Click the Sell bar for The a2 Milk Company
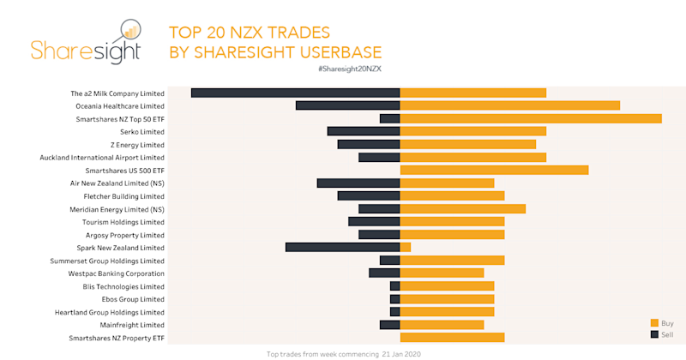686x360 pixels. (x=295, y=93)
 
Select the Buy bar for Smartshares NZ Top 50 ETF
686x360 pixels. (x=530, y=118)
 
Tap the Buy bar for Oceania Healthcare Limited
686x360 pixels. (x=509, y=105)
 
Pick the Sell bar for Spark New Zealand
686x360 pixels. (x=342, y=247)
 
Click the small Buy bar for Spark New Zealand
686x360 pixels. (x=405, y=247)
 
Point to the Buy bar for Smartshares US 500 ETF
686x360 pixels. (x=494, y=170)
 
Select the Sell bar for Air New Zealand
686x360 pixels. (x=358, y=183)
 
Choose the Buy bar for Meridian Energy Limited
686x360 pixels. (x=462, y=208)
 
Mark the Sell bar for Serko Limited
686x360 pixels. (x=363, y=131)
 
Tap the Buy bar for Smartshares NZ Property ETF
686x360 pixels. (x=452, y=338)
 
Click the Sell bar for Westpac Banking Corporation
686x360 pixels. (x=384, y=273)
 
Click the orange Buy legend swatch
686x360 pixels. (x=654, y=322)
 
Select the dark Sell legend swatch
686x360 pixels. (x=654, y=333)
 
